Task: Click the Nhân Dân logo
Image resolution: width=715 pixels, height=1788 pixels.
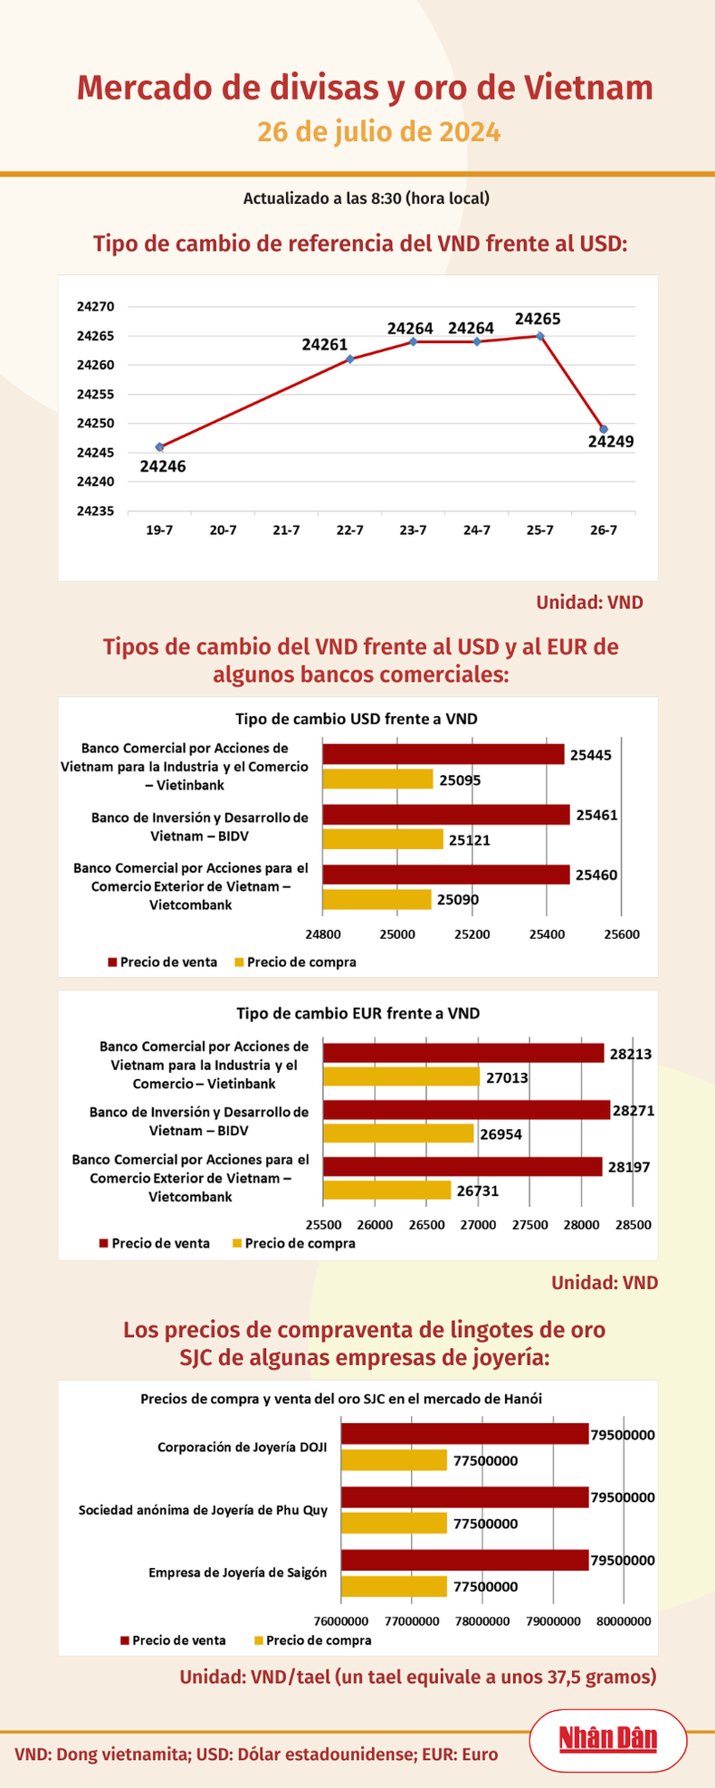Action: click(x=607, y=1739)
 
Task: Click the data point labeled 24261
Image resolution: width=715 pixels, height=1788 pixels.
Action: click(x=350, y=359)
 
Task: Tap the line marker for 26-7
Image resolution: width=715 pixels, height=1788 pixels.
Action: click(x=604, y=429)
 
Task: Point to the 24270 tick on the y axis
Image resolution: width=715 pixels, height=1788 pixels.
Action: click(x=96, y=308)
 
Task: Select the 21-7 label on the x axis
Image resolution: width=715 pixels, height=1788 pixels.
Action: click(x=286, y=531)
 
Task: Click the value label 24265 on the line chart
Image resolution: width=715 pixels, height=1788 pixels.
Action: click(x=538, y=319)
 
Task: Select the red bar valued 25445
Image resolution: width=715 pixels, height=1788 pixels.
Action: click(x=443, y=754)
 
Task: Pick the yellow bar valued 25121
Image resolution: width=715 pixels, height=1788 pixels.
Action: click(x=383, y=839)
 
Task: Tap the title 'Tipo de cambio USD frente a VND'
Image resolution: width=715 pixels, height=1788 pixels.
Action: click(x=357, y=719)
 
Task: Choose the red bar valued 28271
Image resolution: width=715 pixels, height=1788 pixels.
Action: click(x=467, y=1110)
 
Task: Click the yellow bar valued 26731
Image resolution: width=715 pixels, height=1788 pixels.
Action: click(x=387, y=1190)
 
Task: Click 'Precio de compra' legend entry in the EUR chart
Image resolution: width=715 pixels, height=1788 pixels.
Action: click(x=294, y=1243)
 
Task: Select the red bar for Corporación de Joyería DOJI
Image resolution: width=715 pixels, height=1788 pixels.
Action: click(x=465, y=1434)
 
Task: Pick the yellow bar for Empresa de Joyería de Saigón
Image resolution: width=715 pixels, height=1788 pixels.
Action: click(x=394, y=1586)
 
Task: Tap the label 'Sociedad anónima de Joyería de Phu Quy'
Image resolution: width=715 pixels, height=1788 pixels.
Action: click(x=203, y=1510)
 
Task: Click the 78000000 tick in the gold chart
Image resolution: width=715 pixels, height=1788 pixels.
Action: click(x=481, y=1621)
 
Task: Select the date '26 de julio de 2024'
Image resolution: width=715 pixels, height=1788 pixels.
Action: click(x=378, y=132)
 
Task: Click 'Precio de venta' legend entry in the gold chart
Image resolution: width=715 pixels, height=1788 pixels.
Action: click(x=172, y=1640)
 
